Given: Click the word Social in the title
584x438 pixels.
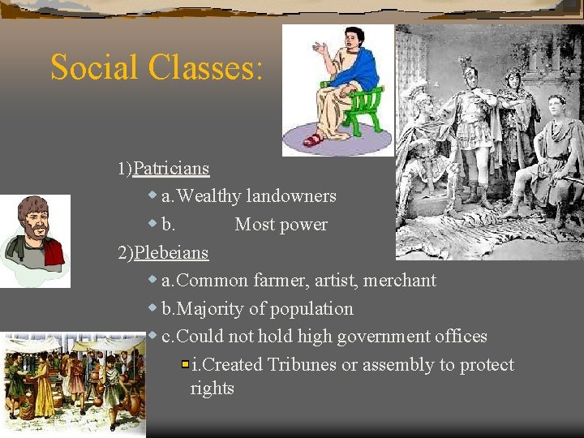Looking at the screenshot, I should (x=95, y=67).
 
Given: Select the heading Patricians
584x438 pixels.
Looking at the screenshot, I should (x=171, y=169).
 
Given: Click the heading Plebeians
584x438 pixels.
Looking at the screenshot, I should (x=171, y=252).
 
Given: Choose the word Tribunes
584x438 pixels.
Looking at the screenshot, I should (x=301, y=365).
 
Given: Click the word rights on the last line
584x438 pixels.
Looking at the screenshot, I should (x=213, y=389).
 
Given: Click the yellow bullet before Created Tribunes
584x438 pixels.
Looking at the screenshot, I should (x=186, y=365).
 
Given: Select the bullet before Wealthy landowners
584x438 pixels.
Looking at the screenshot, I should (x=152, y=195).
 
